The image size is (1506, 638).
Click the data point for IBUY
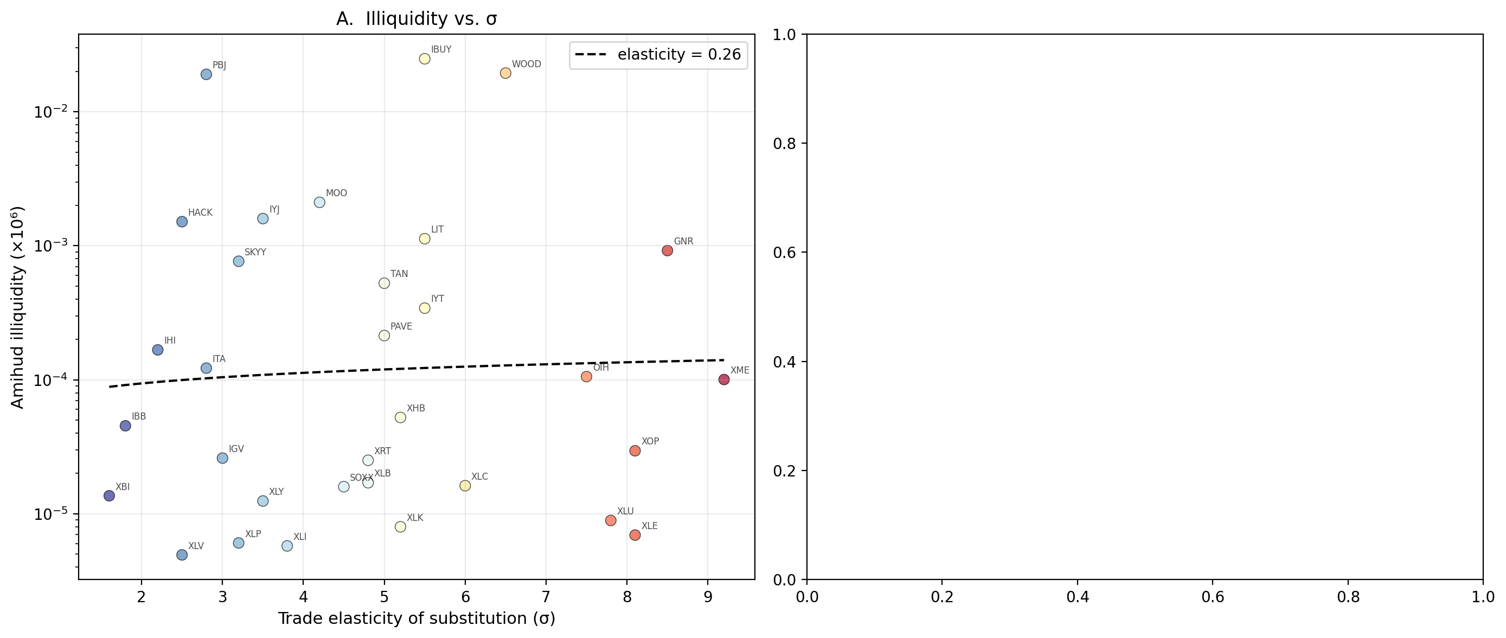point(425,59)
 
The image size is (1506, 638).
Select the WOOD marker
point(505,73)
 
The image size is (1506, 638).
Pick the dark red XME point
point(724,379)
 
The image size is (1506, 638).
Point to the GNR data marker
point(667,250)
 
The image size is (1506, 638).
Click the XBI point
point(109,495)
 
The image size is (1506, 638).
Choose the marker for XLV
point(182,555)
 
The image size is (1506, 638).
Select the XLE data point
point(635,534)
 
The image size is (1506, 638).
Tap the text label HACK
point(200,212)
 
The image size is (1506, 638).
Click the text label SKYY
point(255,253)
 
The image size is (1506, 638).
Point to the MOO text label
point(336,194)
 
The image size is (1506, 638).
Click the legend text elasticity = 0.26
point(679,55)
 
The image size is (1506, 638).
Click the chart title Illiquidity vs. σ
point(416,20)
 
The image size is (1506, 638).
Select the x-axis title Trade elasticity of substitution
point(416,618)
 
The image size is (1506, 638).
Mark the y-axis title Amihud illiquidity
point(17,307)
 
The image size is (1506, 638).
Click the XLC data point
point(465,486)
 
